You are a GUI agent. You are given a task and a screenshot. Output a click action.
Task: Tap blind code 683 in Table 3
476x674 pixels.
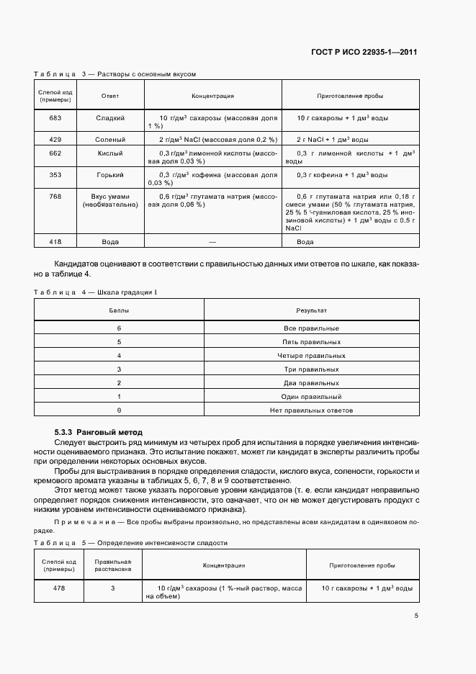(55, 117)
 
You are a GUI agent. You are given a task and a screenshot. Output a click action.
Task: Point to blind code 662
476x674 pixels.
(55, 153)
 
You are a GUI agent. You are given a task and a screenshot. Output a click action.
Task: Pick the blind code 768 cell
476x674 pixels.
(55, 197)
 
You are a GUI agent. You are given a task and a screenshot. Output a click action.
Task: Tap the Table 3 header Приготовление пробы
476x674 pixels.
(350, 96)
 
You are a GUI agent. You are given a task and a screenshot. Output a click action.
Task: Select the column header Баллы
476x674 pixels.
(119, 310)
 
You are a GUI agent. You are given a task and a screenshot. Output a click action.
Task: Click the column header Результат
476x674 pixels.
(311, 310)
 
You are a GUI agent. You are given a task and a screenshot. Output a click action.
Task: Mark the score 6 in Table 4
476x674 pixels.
(119, 328)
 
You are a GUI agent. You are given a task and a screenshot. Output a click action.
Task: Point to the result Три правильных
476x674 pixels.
(311, 369)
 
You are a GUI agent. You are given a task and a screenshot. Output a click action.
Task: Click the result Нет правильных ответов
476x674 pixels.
(311, 410)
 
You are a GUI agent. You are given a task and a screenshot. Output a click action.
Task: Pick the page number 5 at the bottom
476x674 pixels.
(416, 616)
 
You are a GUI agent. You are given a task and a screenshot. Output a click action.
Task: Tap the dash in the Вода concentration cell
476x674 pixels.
(212, 242)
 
